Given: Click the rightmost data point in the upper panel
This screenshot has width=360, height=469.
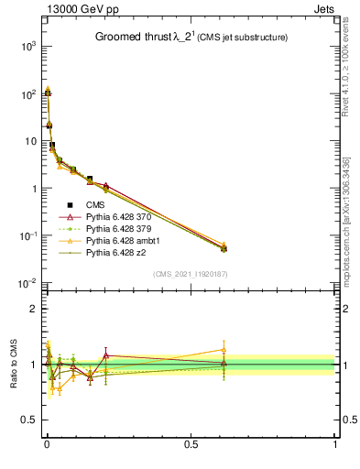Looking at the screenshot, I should (x=224, y=247).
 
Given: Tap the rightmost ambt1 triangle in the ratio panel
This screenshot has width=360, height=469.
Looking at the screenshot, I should (x=224, y=349).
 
